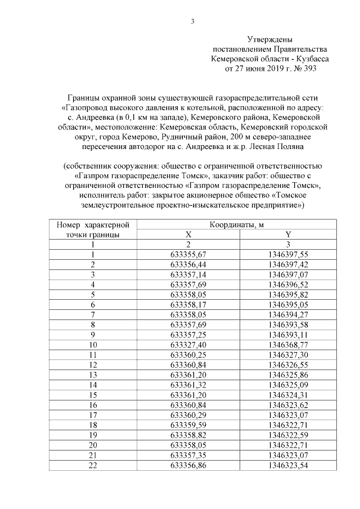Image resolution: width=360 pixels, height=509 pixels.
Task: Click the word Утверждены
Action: [x=270, y=39]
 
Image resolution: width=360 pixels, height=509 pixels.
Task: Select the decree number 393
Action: [x=309, y=69]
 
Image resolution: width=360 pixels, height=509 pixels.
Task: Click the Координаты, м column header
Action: [x=237, y=225]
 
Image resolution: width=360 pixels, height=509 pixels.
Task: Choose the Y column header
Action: [x=288, y=235]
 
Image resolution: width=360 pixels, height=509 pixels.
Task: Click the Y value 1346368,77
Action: [x=288, y=344]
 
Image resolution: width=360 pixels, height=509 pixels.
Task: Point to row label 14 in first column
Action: [x=93, y=384]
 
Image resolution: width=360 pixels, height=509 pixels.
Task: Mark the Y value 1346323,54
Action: [x=288, y=465]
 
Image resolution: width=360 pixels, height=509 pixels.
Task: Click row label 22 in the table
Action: [x=93, y=465]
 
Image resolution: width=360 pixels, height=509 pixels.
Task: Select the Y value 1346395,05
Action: [x=288, y=304]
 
